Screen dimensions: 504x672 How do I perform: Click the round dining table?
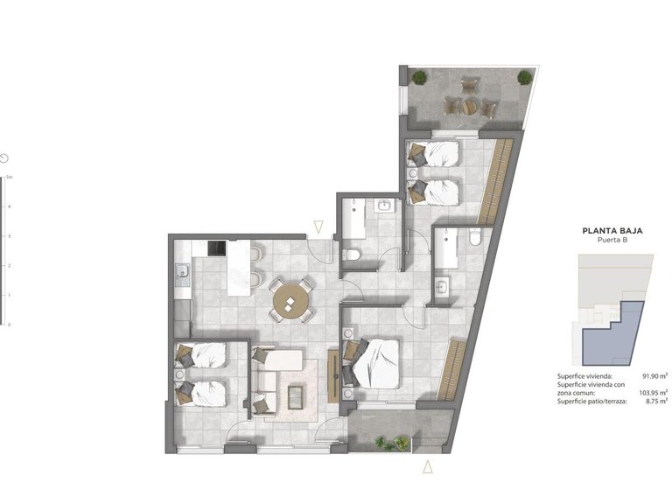[x=289, y=302]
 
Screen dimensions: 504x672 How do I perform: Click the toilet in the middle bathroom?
[x=352, y=254]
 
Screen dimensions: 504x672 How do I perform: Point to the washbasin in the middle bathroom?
[x=383, y=206]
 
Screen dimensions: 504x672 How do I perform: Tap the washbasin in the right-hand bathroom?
[x=443, y=286]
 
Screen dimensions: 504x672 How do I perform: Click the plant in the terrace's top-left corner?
[x=421, y=77]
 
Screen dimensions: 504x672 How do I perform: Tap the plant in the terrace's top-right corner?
[x=524, y=77]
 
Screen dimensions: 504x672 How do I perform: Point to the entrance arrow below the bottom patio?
[x=428, y=467]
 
